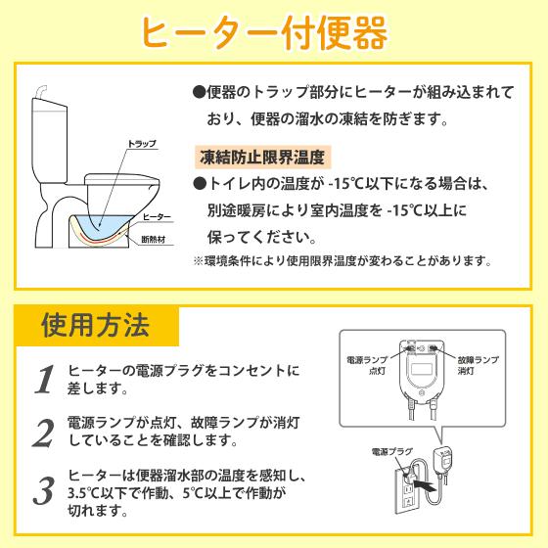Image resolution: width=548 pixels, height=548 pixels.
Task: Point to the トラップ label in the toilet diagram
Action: tap(142, 144)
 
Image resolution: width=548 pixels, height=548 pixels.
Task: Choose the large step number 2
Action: tap(42, 432)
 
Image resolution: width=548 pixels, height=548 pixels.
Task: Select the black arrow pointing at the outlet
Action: tap(427, 483)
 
